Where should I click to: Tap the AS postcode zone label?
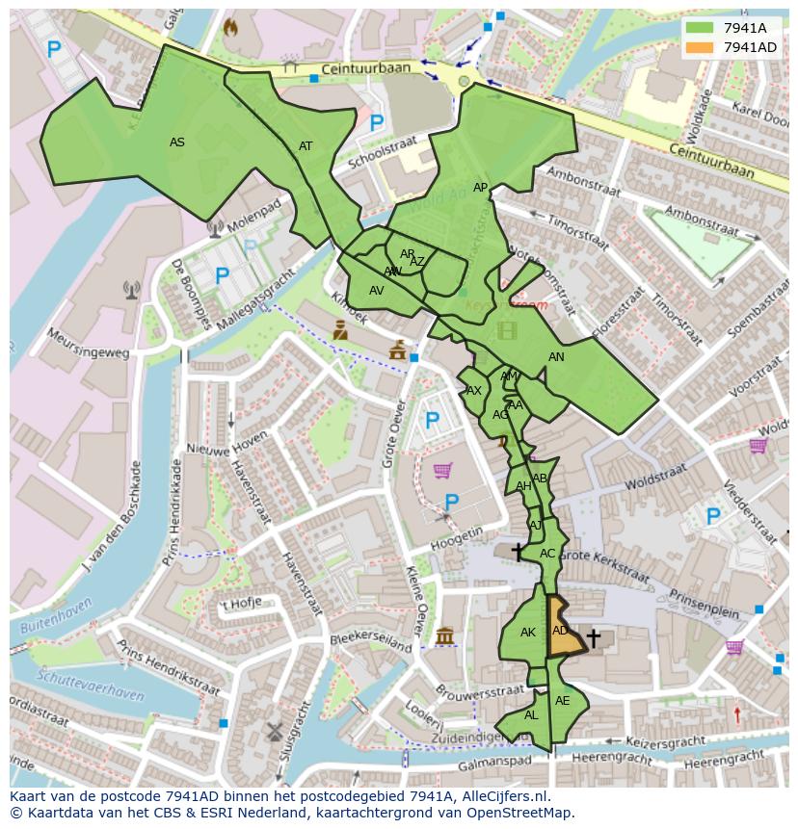coord(177,142)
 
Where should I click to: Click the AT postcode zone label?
coord(306,146)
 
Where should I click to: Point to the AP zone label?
coord(480,188)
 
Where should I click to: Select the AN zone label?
coord(556,357)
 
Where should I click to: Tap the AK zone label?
coord(528,633)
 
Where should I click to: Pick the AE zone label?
coord(563,701)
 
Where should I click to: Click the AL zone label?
coord(531,715)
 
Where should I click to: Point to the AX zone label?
coord(473,391)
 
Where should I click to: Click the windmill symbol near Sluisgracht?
coord(274,731)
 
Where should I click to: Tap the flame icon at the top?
coord(229,28)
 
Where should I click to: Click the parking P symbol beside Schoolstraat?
coord(377,123)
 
